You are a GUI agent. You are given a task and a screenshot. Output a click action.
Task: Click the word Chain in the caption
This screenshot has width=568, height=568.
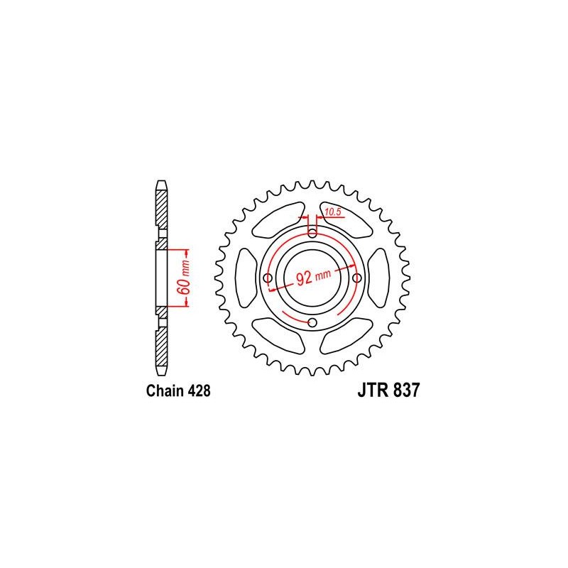coord(165,391)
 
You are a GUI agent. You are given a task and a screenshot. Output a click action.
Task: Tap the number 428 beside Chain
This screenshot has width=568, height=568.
coord(199,391)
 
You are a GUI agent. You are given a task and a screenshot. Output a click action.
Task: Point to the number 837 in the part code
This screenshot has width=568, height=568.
coord(406,390)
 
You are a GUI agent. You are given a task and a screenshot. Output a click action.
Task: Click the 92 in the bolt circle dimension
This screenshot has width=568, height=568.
coord(304,278)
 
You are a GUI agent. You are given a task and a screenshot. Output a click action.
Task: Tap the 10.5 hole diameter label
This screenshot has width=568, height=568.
coord(333,212)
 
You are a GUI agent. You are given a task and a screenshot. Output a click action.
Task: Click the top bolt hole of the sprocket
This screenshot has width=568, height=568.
coord(312,234)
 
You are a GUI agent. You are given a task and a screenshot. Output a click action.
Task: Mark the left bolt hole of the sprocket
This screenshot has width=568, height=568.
coord(268,278)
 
